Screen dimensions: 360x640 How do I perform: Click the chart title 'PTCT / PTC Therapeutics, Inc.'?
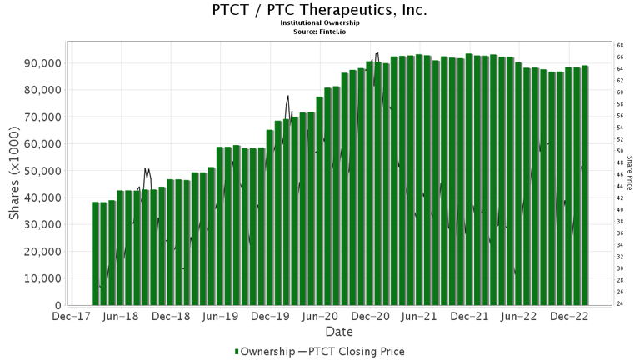click(320, 11)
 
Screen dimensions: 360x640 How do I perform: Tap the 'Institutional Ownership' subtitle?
click(320, 23)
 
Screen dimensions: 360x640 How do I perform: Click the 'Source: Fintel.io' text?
click(320, 31)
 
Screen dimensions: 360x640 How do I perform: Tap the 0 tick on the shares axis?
click(57, 305)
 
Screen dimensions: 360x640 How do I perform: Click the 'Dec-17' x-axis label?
click(70, 317)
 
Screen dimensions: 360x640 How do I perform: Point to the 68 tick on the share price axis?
click(620, 45)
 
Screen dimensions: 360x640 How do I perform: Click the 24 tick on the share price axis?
click(620, 303)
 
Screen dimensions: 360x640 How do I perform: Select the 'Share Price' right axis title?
click(630, 173)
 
